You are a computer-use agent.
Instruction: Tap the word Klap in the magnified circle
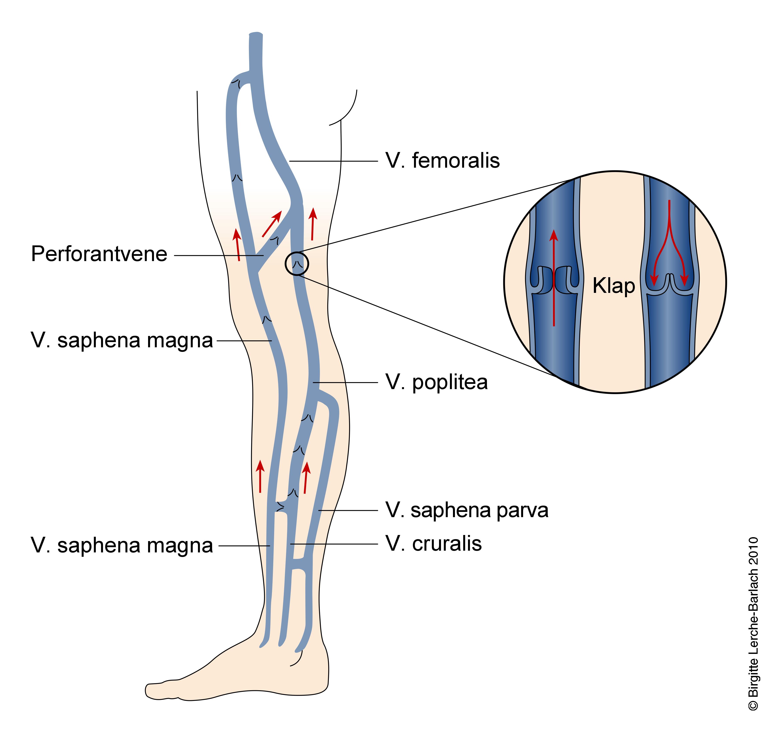[613, 286]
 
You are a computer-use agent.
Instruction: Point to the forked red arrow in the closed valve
[669, 245]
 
